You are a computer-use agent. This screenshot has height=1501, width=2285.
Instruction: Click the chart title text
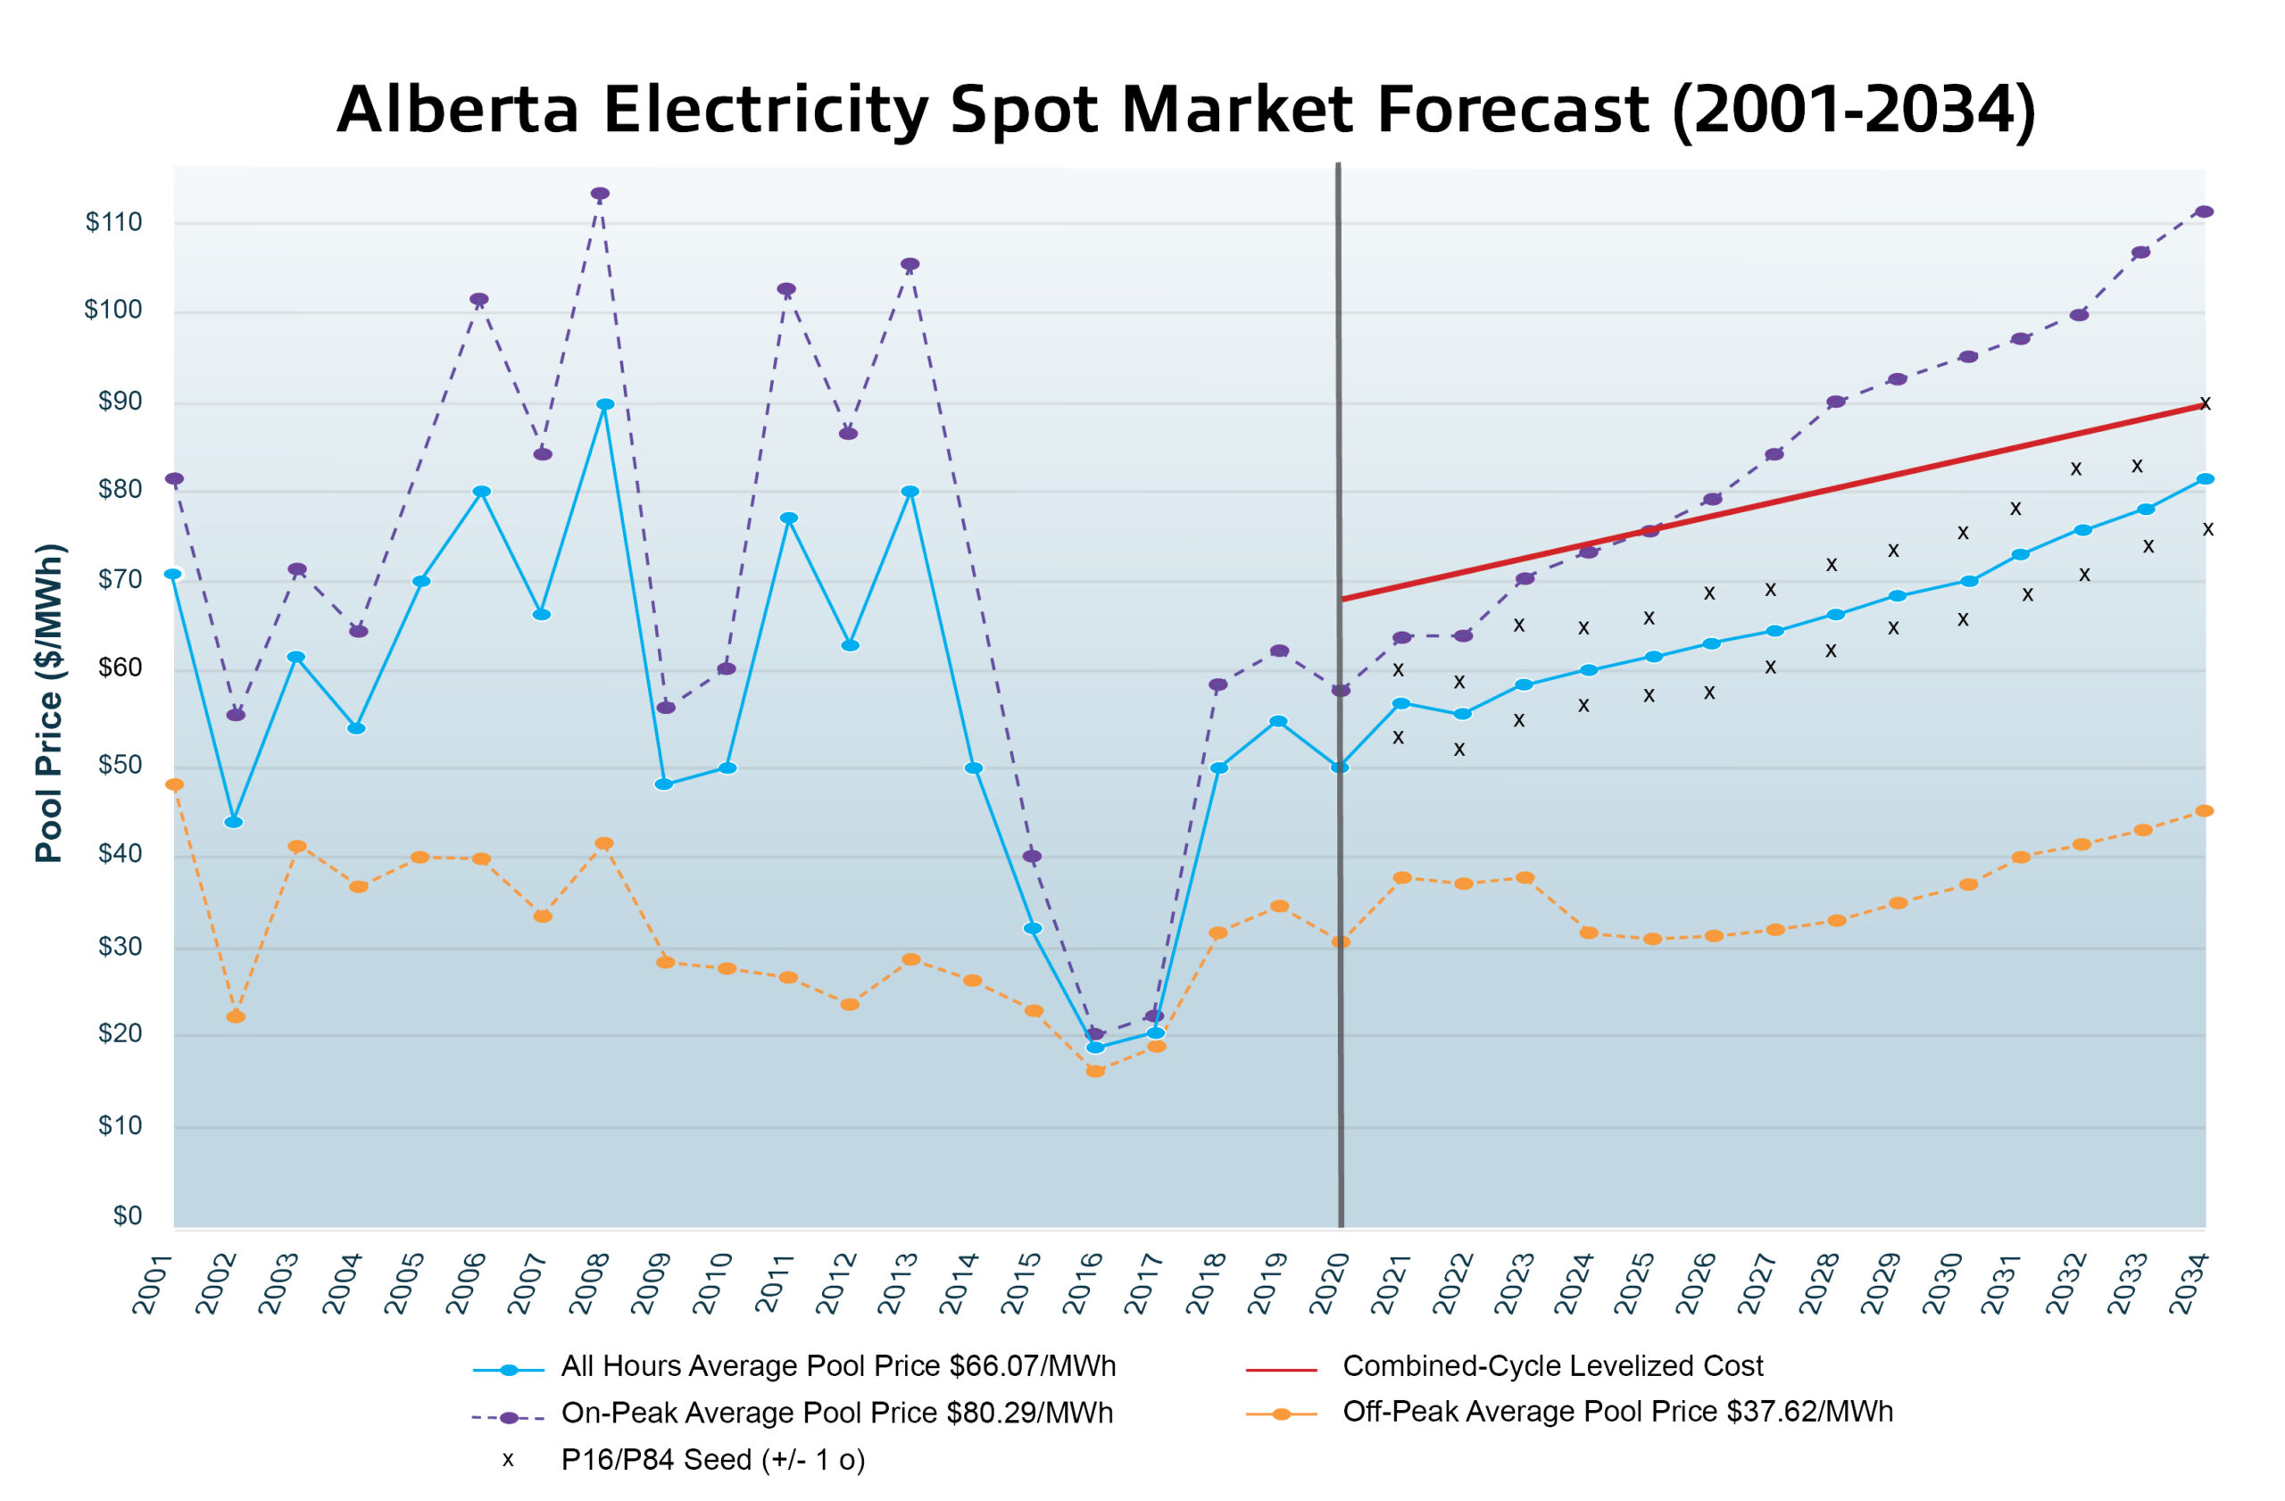tap(1185, 110)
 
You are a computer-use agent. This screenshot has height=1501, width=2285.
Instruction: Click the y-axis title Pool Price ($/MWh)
tap(50, 703)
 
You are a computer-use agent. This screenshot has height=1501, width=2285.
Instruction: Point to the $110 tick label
tap(113, 221)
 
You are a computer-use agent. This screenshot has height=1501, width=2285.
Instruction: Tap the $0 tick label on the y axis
tap(127, 1215)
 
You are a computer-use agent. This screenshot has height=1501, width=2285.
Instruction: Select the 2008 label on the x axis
tap(589, 1283)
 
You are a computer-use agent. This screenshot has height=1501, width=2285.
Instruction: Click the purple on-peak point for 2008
tap(600, 194)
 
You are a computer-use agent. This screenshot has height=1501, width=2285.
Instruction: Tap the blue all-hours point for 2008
tap(605, 405)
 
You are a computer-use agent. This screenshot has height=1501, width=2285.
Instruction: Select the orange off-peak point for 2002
tap(236, 1016)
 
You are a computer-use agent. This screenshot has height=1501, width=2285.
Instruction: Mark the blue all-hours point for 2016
tap(1095, 1047)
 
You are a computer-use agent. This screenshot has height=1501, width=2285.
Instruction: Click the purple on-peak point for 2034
tap(2205, 212)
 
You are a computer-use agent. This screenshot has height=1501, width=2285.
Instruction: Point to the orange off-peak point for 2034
tap(2205, 811)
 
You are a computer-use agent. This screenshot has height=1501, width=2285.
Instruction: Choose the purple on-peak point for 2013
tap(910, 264)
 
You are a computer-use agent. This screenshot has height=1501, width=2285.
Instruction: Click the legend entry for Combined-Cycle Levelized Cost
tap(1552, 1365)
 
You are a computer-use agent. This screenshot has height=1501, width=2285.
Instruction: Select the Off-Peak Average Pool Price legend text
tap(1617, 1412)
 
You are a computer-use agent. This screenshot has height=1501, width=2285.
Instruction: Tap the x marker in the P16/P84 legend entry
tap(508, 1460)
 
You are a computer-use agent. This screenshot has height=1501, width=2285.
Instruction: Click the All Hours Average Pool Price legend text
tap(838, 1365)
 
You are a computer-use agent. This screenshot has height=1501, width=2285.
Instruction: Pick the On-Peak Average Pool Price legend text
tap(837, 1413)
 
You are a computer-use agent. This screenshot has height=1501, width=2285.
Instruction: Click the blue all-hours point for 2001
tap(173, 574)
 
